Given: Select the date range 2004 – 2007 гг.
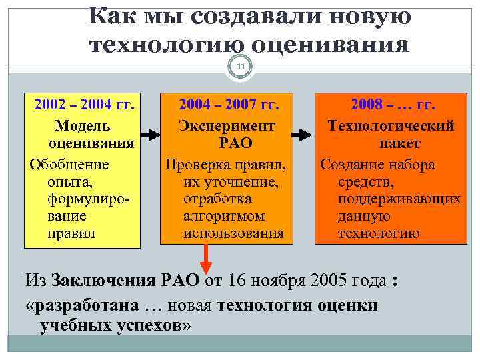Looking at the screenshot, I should pyautogui.click(x=228, y=105).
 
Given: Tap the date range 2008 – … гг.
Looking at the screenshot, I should pyautogui.click(x=393, y=105).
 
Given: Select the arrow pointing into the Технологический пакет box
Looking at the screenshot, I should pyautogui.click(x=303, y=134).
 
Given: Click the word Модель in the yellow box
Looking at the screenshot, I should pyautogui.click(x=83, y=125).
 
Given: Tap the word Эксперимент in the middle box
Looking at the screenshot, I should pyautogui.click(x=227, y=125).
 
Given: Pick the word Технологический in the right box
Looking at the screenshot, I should pyautogui.click(x=391, y=125).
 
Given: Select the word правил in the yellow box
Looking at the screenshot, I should pyautogui.click(x=71, y=234).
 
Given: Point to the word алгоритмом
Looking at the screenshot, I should pyautogui.click(x=223, y=216).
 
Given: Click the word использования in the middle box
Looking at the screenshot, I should pyautogui.click(x=233, y=234).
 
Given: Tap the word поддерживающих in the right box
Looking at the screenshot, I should pyautogui.click(x=399, y=199).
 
